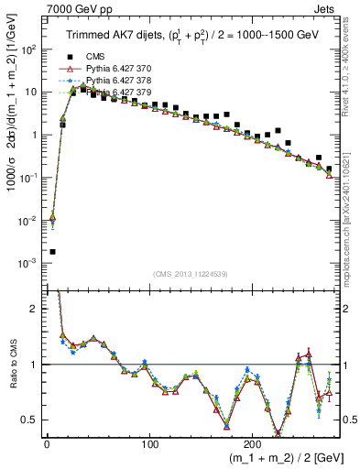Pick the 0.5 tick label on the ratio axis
click(28, 420)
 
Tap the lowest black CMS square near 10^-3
click(52, 252)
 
